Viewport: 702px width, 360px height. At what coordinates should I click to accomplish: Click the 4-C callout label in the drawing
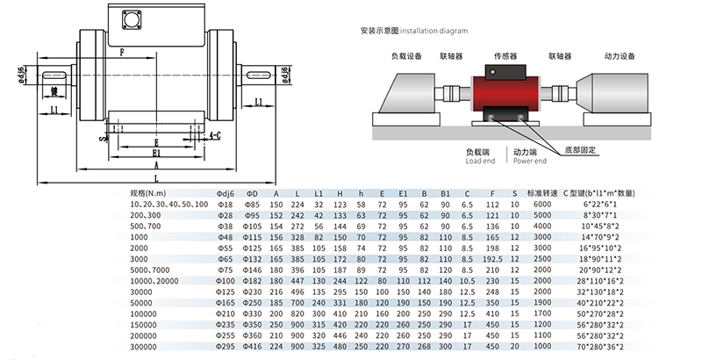click(x=213, y=136)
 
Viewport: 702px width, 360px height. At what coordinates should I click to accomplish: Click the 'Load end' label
click(x=480, y=162)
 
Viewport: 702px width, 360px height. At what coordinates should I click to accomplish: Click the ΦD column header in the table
click(x=252, y=192)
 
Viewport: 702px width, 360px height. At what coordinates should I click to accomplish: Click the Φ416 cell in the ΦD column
click(x=252, y=346)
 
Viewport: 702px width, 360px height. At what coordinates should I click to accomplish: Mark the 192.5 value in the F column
click(x=491, y=258)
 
